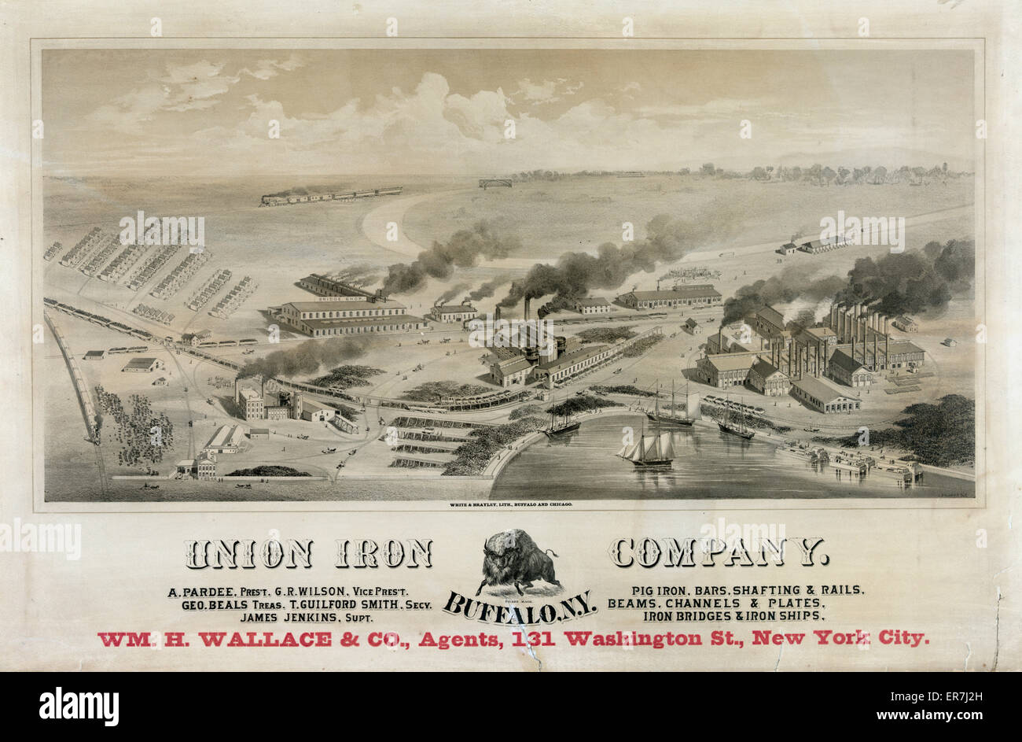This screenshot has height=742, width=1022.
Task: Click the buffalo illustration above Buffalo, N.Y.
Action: [517, 560]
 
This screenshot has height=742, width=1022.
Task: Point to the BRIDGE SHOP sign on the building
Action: [337, 299]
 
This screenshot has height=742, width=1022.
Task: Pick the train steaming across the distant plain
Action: [330, 196]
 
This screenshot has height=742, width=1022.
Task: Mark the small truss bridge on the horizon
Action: [494, 183]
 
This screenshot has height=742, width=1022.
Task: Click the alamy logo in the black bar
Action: [79, 706]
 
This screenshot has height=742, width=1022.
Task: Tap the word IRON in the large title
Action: [384, 554]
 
